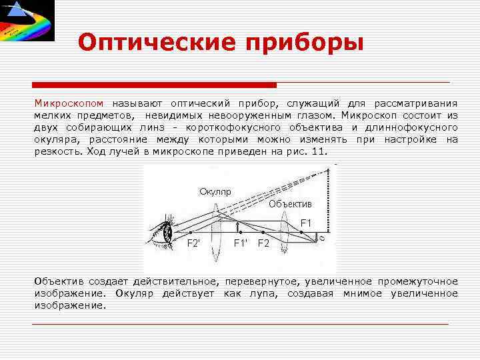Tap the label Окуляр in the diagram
pyautogui.click(x=215, y=192)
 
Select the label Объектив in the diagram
pyautogui.click(x=290, y=203)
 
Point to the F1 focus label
pyautogui.click(x=306, y=222)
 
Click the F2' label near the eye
pyautogui.click(x=193, y=243)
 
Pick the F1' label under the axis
pyautogui.click(x=241, y=243)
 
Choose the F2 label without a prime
pyautogui.click(x=263, y=243)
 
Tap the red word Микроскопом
pyautogui.click(x=70, y=103)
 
